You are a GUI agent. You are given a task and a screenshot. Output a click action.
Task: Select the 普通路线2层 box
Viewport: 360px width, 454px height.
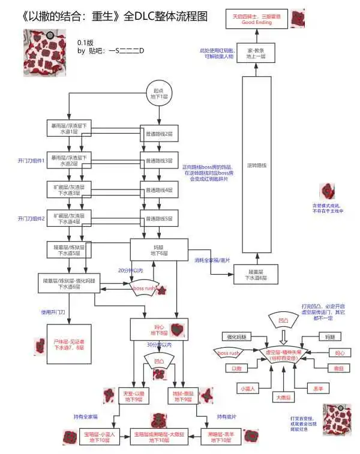[160, 133]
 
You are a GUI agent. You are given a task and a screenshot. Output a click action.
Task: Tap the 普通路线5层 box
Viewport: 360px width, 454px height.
[160, 218]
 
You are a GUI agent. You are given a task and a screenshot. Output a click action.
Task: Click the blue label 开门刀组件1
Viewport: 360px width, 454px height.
[31, 161]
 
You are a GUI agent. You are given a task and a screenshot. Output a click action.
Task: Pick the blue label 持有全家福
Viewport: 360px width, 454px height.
[85, 416]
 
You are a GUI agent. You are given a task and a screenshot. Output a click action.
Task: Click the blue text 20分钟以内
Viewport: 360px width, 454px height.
[131, 270]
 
